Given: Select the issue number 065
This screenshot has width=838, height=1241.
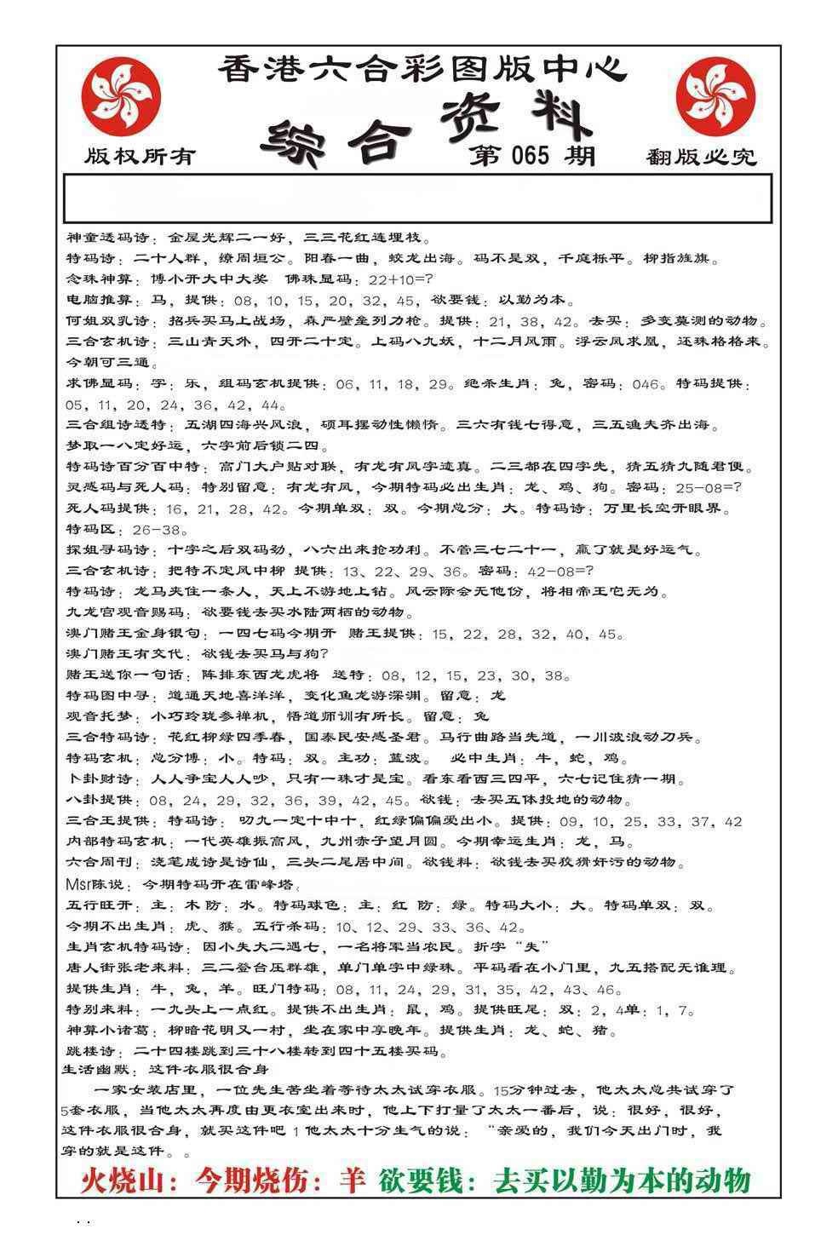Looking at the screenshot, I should pos(532,155).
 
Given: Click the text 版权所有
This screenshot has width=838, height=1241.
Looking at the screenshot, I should pos(141,157).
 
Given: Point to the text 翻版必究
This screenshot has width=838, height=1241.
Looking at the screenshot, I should pos(700,157).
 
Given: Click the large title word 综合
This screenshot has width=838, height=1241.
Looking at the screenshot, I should pos(339,141).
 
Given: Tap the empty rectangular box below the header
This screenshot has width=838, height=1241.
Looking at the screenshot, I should pos(417,198).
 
